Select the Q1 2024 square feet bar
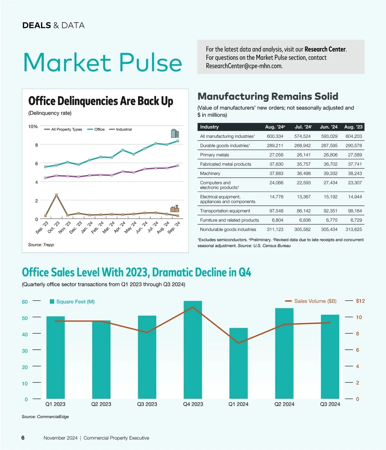pos(238,363)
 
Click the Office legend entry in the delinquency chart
pos(96,130)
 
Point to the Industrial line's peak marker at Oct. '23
pos(56,195)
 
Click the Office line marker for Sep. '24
pos(178,141)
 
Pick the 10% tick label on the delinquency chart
pos(33,127)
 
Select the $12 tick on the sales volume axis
pos(360,301)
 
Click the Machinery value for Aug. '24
pos(276,174)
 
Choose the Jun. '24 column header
pos(328,127)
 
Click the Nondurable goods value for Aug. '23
pos(354,230)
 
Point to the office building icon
pos(175,133)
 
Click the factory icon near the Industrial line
pos(175,209)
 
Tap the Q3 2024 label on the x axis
pos(330,404)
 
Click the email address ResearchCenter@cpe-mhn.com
pos(244,66)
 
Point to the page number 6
pos(23,438)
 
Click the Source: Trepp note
pos(41,245)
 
